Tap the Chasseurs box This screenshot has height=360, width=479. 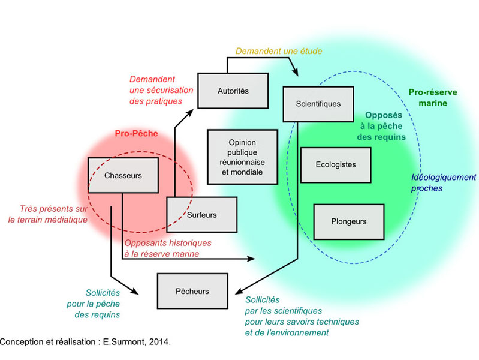click(x=123, y=176)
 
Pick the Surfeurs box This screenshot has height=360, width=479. click(x=201, y=215)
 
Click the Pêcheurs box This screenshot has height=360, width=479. click(x=192, y=292)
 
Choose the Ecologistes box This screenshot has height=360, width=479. click(x=336, y=164)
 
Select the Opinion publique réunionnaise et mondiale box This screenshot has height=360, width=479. click(x=242, y=157)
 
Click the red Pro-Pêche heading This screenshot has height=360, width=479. click(x=136, y=134)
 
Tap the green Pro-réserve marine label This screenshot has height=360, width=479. click(x=432, y=98)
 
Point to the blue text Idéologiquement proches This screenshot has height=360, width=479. click(x=443, y=182)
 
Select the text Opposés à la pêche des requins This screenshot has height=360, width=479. click(x=384, y=126)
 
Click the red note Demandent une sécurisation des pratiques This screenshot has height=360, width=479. click(x=161, y=90)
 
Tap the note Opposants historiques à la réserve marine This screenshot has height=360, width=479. click(x=167, y=248)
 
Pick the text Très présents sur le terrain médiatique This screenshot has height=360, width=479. click(x=48, y=215)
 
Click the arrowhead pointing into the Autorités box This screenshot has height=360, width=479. click(x=194, y=110)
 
